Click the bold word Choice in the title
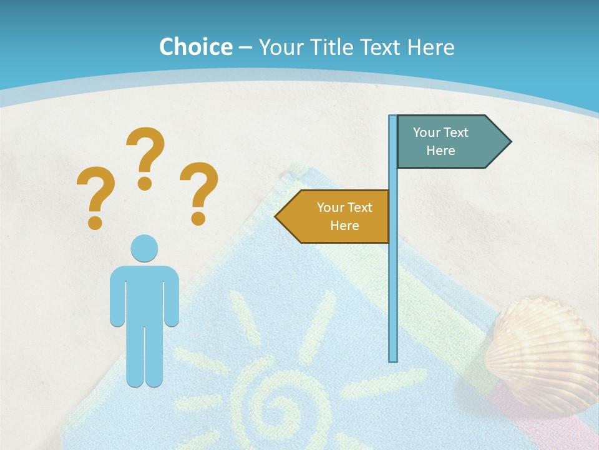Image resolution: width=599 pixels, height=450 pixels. [195, 47]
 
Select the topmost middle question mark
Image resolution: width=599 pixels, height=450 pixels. [145, 157]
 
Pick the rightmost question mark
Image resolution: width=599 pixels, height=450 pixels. [198, 192]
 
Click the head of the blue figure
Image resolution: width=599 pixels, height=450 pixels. [144, 249]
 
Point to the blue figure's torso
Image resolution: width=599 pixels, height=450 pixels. [144, 294]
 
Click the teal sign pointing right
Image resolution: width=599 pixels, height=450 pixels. [446, 142]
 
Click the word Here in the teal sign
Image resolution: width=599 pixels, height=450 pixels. [441, 151]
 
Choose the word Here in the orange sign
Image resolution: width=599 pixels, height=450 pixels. [344, 226]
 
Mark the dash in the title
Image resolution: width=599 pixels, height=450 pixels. [245, 48]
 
